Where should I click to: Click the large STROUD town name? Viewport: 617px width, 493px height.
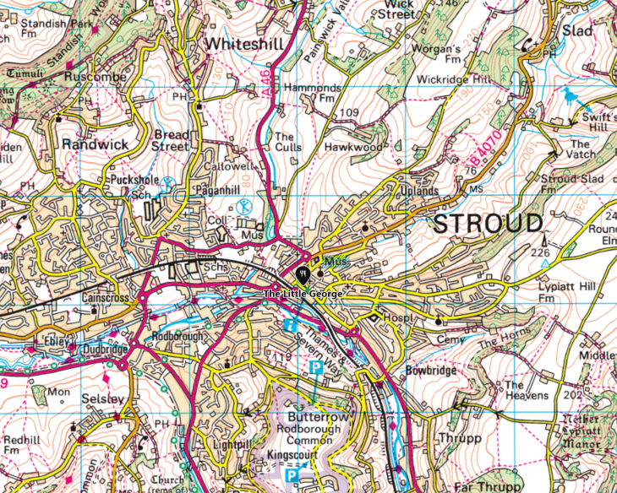pyautogui.click(x=488, y=224)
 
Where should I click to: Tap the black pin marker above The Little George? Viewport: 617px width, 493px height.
pyautogui.click(x=303, y=274)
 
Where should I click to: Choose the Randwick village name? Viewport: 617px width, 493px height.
pyautogui.click(x=96, y=144)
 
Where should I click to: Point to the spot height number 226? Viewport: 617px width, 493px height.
pyautogui.click(x=540, y=252)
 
